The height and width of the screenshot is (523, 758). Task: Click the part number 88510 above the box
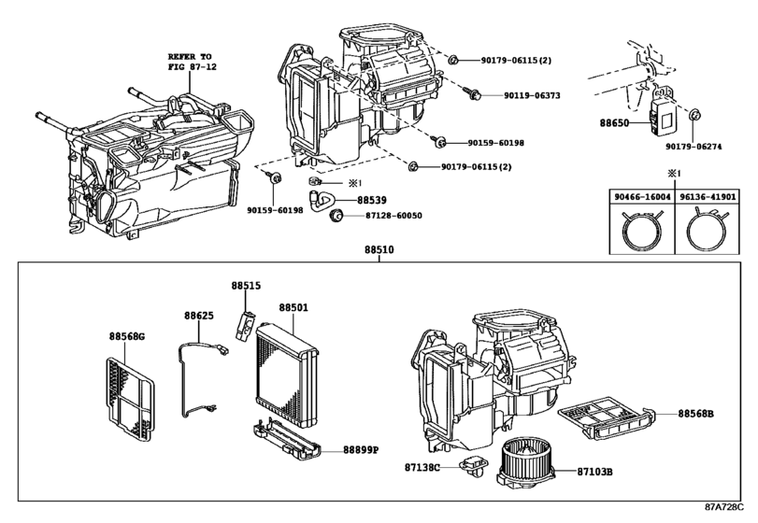coord(379,249)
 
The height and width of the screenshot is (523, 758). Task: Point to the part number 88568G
coord(127,336)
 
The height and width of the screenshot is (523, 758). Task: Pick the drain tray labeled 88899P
coord(287,439)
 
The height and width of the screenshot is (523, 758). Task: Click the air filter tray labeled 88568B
coord(607,418)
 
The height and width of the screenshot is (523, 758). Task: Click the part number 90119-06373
coord(532,95)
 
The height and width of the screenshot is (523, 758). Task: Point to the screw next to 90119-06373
coord(473,93)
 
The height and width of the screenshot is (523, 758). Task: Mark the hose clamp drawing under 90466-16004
coord(641,231)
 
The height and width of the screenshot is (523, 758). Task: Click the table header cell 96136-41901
coord(707,197)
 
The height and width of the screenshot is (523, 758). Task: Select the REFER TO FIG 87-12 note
coord(192,62)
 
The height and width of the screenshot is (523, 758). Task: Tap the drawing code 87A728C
coord(723,507)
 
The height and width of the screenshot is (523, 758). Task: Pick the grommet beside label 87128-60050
coord(336,215)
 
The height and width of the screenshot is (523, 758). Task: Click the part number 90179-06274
coord(694,147)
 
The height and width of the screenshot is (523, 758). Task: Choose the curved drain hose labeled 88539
coord(322,199)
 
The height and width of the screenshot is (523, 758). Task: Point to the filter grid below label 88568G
coord(130,399)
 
